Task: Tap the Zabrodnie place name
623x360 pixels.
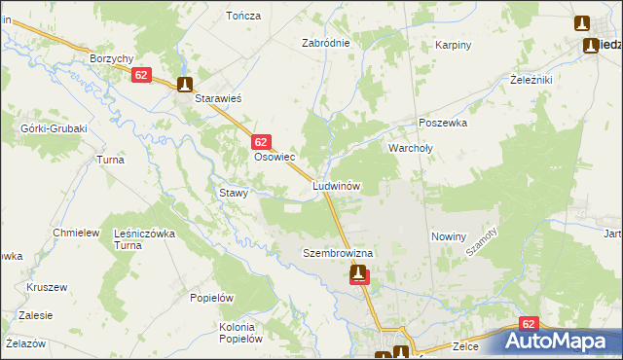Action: (x=325, y=44)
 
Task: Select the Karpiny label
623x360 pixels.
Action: (x=454, y=45)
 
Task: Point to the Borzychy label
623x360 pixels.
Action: (x=111, y=58)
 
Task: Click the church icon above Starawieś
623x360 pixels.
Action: (x=185, y=85)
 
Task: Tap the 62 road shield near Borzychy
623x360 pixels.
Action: (x=141, y=75)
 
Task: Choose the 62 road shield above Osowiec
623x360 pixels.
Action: (x=260, y=141)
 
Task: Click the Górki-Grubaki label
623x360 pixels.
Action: (x=54, y=128)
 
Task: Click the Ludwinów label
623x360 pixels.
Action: (x=338, y=185)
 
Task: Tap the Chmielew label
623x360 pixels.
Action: (x=77, y=234)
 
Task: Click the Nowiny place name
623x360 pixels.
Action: (x=449, y=236)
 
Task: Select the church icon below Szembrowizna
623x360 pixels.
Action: (x=360, y=274)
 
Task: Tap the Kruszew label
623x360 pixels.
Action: (x=47, y=287)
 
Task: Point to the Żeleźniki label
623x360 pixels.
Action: (x=532, y=80)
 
